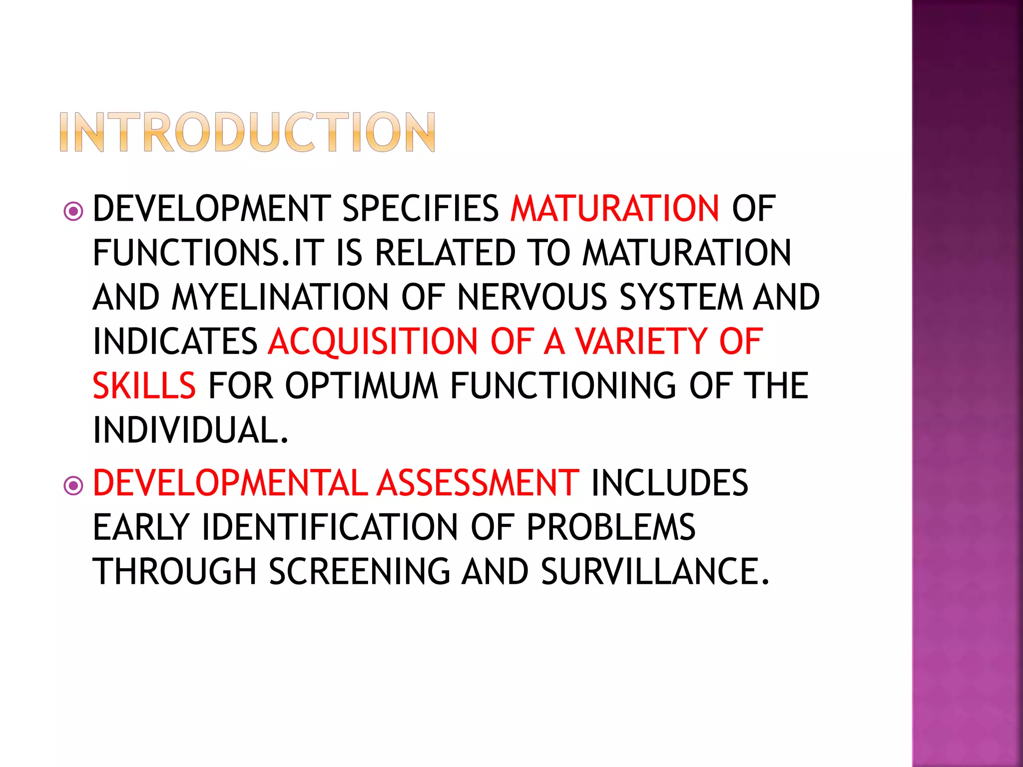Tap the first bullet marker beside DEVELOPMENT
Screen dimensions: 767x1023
click(x=73, y=211)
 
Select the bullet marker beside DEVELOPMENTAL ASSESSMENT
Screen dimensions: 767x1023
click(x=73, y=485)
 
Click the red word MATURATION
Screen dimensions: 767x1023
click(x=615, y=209)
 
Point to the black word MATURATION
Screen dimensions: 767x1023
click(x=687, y=253)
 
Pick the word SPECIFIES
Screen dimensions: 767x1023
click(x=421, y=209)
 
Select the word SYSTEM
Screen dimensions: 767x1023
click(x=682, y=298)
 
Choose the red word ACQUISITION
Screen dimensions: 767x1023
click(x=373, y=342)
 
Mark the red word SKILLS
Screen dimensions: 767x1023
click(x=144, y=386)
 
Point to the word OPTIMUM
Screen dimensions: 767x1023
click(x=362, y=386)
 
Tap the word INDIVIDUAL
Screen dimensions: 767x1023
click(x=191, y=430)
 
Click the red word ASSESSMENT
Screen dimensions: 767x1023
click(x=478, y=483)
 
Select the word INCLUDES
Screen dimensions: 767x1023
click(x=670, y=483)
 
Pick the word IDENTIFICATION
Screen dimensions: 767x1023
click(x=330, y=528)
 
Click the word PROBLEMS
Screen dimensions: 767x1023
click(x=611, y=528)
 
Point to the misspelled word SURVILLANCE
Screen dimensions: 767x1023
click(x=655, y=572)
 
